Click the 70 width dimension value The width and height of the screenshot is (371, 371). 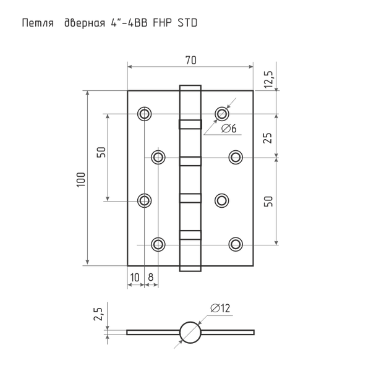pyautogui.click(x=190, y=61)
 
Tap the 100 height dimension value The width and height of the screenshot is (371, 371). pyautogui.click(x=81, y=179)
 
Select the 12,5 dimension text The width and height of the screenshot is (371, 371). pyautogui.click(x=269, y=80)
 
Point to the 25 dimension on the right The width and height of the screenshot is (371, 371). pyautogui.click(x=268, y=138)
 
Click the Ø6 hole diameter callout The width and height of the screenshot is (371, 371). pyautogui.click(x=229, y=129)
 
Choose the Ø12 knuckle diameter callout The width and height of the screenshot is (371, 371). pyautogui.click(x=220, y=309)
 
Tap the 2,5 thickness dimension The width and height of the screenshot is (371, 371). pyautogui.click(x=98, y=314)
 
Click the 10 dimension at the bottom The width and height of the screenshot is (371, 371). pyautogui.click(x=135, y=277)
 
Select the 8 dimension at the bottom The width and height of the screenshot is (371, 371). pyautogui.click(x=151, y=277)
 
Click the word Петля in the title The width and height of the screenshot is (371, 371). pyautogui.click(x=38, y=23)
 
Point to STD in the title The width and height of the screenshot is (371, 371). pyautogui.click(x=187, y=23)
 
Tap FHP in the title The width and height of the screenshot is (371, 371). pyautogui.click(x=162, y=23)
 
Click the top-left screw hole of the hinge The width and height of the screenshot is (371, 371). pyautogui.click(x=144, y=114)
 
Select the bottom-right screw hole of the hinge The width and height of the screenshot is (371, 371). pyautogui.click(x=236, y=244)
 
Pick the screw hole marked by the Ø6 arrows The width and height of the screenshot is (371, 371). pyautogui.click(x=222, y=114)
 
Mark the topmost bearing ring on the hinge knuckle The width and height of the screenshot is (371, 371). pyautogui.click(x=190, y=124)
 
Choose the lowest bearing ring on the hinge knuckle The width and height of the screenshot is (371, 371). pyautogui.click(x=190, y=235)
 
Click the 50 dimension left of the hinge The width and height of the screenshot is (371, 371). pyautogui.click(x=101, y=152)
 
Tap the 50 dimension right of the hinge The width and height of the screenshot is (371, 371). pyautogui.click(x=268, y=202)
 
